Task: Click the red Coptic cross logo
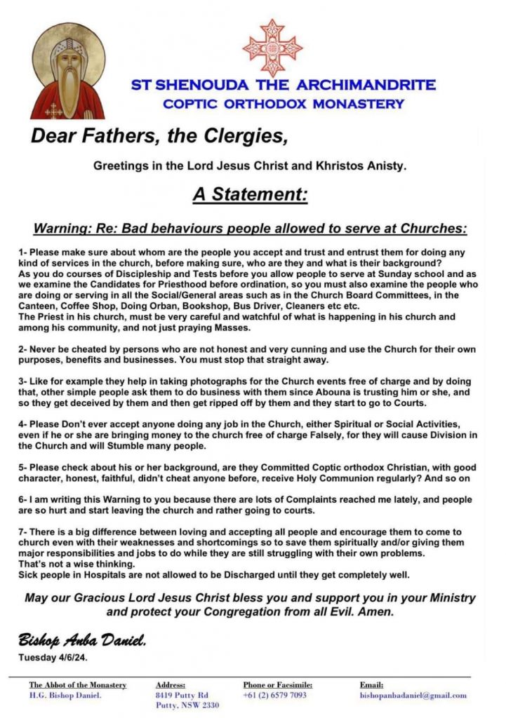point(272,47)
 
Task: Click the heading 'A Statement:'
point(251,194)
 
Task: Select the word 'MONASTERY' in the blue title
point(358,104)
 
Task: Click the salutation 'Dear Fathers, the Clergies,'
point(159,135)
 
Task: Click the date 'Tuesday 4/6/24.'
point(58,657)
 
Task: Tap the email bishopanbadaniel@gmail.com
point(413,696)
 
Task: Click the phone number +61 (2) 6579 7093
point(274,696)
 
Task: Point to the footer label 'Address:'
point(171,685)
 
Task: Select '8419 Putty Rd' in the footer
point(182,696)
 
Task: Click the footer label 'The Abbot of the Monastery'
point(78,685)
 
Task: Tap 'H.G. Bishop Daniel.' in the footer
point(65,696)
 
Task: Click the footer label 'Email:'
point(372,685)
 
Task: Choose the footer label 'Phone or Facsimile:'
point(278,685)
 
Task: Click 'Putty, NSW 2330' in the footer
point(188,706)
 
